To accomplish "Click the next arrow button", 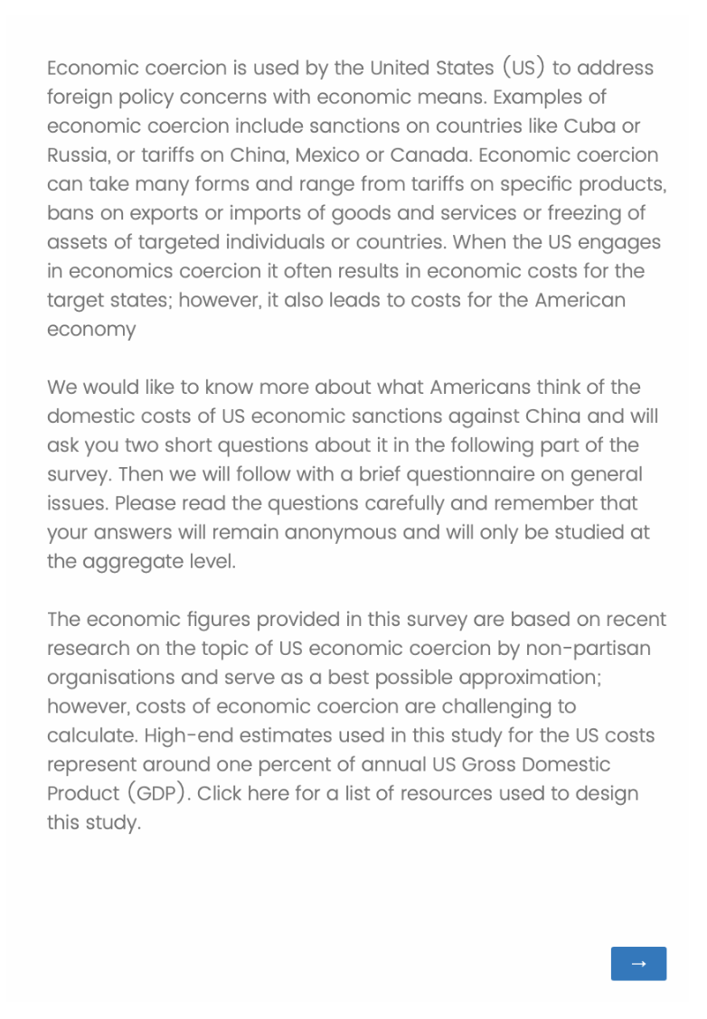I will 638,964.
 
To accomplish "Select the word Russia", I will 78,154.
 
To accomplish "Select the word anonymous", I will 345,532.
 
